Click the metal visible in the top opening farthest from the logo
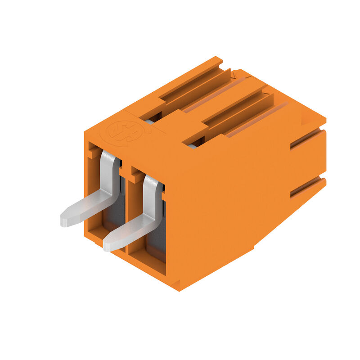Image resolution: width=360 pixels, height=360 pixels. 193,146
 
